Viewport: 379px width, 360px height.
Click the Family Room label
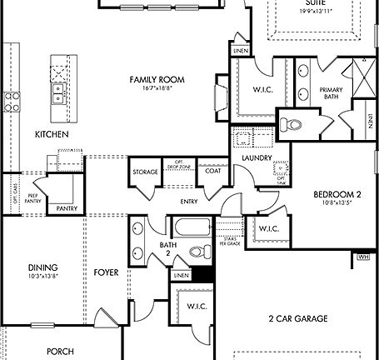coord(157,79)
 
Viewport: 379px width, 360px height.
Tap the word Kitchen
coord(51,133)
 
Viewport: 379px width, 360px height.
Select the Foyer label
coord(106,272)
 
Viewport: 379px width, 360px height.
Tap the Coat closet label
coord(213,172)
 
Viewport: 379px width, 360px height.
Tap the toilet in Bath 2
coord(198,251)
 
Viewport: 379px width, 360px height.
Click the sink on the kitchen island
coord(60,90)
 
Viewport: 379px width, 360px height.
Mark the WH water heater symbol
coord(362,257)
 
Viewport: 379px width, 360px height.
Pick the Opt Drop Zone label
coord(178,165)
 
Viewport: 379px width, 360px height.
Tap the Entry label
coord(188,201)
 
